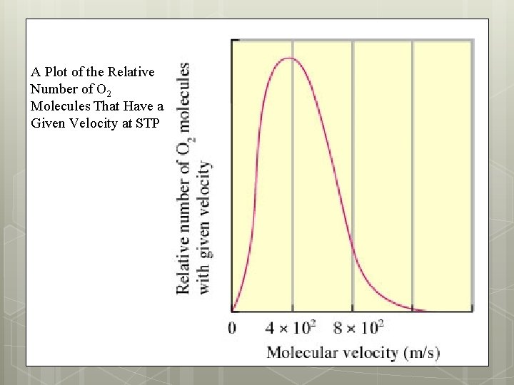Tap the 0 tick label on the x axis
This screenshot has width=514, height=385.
[232, 328]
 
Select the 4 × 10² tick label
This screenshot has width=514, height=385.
[291, 327]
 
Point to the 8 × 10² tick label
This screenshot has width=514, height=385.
[358, 327]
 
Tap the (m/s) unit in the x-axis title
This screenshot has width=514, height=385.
[422, 351]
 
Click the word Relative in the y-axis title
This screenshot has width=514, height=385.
[183, 263]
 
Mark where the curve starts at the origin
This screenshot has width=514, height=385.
[233, 311]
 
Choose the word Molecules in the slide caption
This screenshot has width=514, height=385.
[59, 106]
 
